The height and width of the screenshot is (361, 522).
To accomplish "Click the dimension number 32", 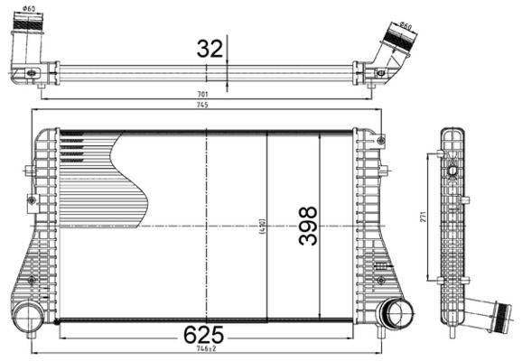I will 210,49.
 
